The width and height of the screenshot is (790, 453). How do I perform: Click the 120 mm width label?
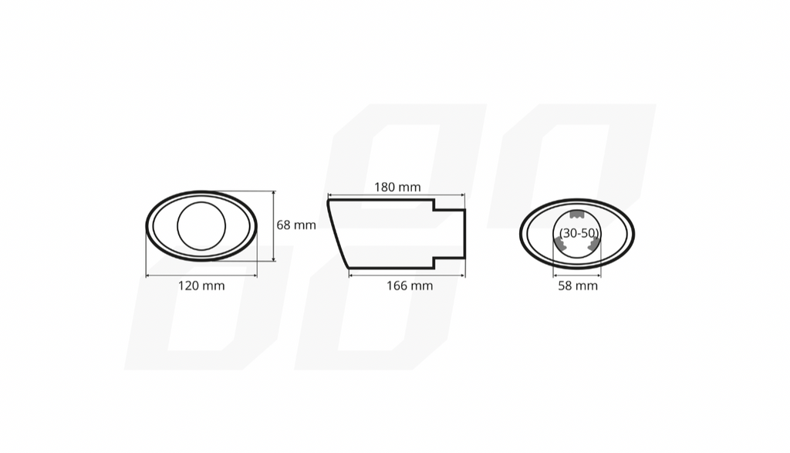201,286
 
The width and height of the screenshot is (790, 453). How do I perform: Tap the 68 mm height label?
296,225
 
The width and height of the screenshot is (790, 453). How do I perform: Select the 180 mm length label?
397,187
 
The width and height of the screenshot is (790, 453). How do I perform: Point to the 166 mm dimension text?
410,286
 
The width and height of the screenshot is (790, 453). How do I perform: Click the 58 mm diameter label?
577,286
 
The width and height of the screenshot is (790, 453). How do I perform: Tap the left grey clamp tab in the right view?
559,245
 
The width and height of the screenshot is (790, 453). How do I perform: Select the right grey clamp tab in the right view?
593,245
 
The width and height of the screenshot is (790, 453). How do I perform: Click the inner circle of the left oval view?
201,226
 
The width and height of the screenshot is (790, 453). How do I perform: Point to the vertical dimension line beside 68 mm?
274,226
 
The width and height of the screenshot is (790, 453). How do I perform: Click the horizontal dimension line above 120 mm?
201,276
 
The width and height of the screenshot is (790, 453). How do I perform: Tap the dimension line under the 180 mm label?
397,196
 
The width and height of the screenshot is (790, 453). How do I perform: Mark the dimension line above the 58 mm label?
577,276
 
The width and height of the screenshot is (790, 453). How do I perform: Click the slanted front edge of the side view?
338,235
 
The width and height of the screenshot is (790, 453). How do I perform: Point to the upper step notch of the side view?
434,205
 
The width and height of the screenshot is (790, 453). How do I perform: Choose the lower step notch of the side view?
434,262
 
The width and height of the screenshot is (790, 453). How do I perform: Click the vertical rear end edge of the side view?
464,234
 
